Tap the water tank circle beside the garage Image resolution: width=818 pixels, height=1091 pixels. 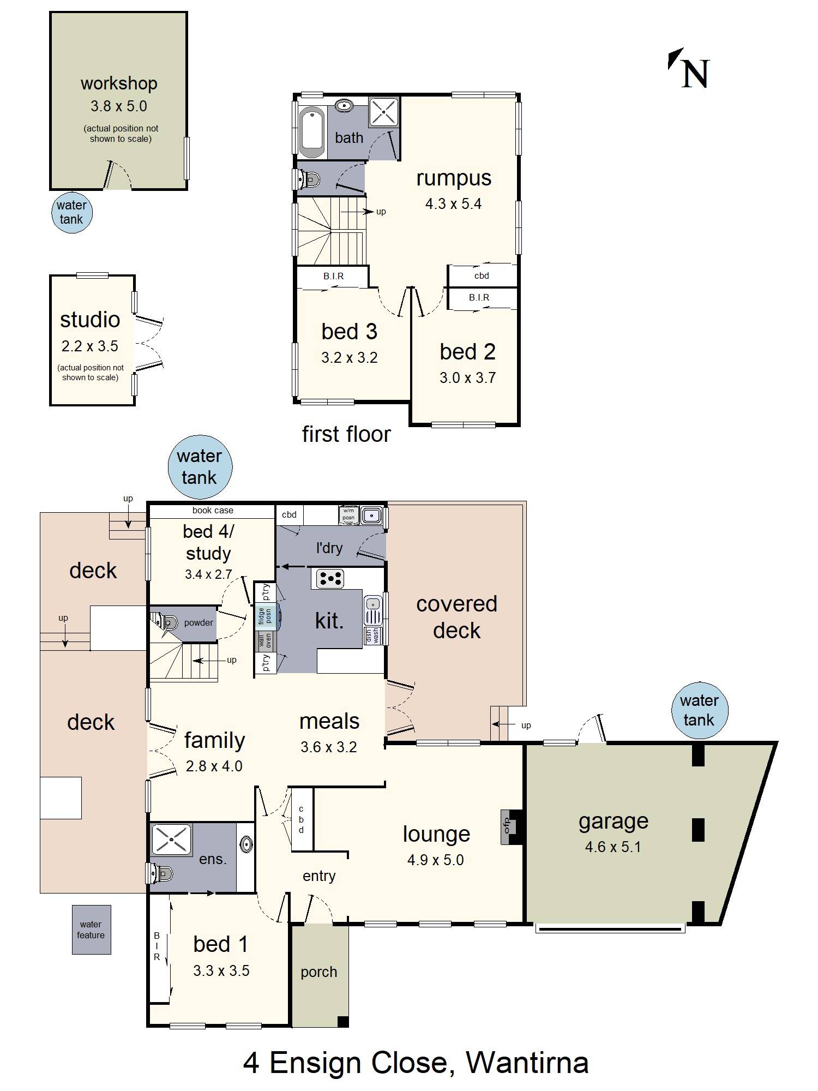[699, 710]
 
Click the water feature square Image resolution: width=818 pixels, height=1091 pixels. [91, 930]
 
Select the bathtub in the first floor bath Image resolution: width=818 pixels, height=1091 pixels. [312, 131]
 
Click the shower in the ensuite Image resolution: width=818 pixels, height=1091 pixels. [171, 840]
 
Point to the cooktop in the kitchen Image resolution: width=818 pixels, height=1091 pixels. [330, 579]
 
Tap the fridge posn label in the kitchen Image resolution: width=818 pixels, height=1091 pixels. [264, 616]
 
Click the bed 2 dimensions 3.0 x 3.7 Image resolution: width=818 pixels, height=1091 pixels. [467, 377]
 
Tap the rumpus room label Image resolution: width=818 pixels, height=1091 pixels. [453, 178]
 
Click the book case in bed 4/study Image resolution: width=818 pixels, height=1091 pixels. [212, 511]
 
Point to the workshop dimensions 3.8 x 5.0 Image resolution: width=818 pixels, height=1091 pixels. [118, 106]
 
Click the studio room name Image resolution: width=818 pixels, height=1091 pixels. [90, 320]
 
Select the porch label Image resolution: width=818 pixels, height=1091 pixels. [318, 972]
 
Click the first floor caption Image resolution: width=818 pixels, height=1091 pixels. [346, 434]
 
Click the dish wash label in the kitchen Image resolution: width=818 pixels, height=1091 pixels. [372, 636]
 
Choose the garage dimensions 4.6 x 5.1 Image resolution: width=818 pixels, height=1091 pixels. [612, 847]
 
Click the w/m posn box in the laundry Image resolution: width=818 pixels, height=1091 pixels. [348, 514]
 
